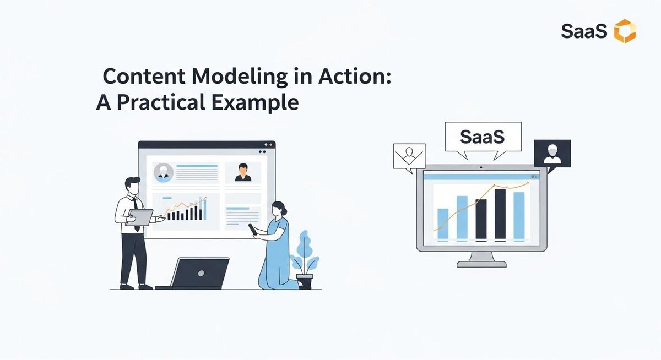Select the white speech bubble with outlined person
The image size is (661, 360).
click(409, 156)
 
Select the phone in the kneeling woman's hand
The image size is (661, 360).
click(253, 229)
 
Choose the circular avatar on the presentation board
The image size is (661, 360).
click(163, 172)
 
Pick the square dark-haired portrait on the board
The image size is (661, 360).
click(242, 171)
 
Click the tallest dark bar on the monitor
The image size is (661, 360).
click(500, 214)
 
